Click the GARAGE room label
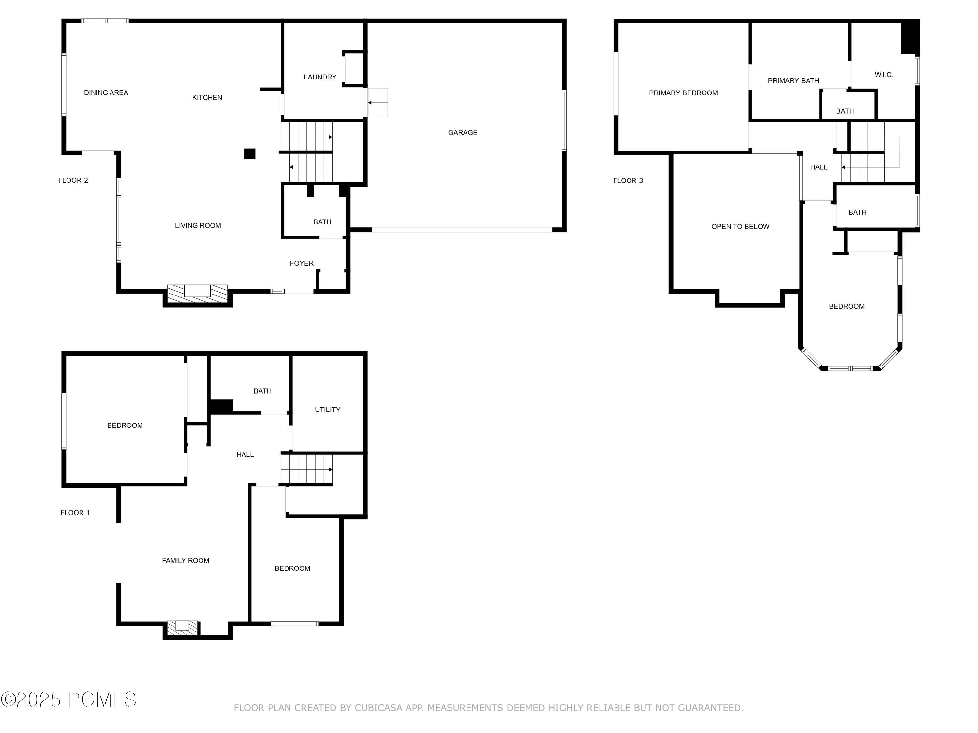[x=463, y=133]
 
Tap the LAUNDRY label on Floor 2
[x=320, y=77]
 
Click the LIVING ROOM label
[x=198, y=226]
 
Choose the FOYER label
[x=302, y=263]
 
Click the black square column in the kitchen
[x=250, y=154]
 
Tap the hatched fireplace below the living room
[x=197, y=294]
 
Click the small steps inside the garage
[x=378, y=103]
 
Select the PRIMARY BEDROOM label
[x=683, y=93]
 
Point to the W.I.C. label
[x=883, y=75]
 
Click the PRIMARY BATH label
[x=793, y=81]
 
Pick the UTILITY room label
[x=328, y=410]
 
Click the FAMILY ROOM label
[x=186, y=561]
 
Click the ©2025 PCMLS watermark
[x=68, y=699]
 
